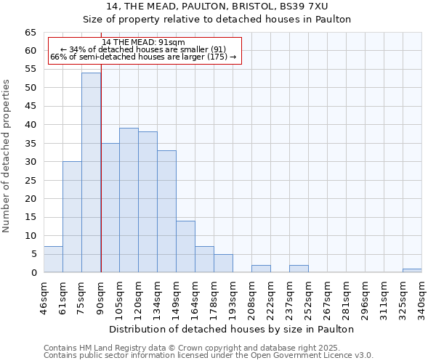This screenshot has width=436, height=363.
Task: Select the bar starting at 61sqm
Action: [x=72, y=217]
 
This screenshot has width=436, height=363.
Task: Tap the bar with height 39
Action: [x=129, y=200]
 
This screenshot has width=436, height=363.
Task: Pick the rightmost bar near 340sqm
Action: [x=412, y=271]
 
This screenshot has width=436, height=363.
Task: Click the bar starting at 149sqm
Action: [x=185, y=247]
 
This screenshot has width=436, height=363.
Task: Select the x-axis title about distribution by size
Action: [x=233, y=329]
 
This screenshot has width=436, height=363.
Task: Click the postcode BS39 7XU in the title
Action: [x=304, y=7]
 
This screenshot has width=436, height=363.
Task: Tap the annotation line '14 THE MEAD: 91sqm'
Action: [x=144, y=42]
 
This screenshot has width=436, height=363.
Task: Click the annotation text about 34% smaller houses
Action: [x=144, y=49]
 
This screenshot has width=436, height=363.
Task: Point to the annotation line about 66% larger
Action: [x=144, y=57]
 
